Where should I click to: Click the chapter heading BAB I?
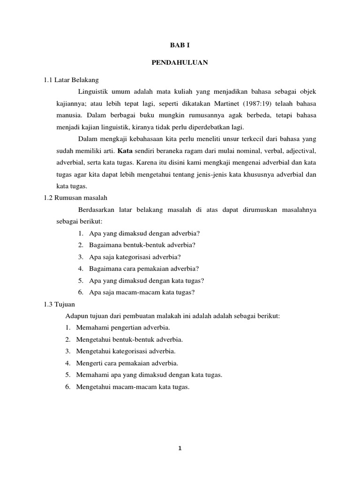coord(180,45)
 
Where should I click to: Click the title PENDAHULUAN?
coord(180,62)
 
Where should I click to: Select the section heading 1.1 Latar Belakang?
coord(71,80)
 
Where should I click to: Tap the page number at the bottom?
coord(180,448)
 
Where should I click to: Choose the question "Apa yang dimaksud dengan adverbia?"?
coord(140,233)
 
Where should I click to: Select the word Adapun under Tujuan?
coord(76,315)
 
